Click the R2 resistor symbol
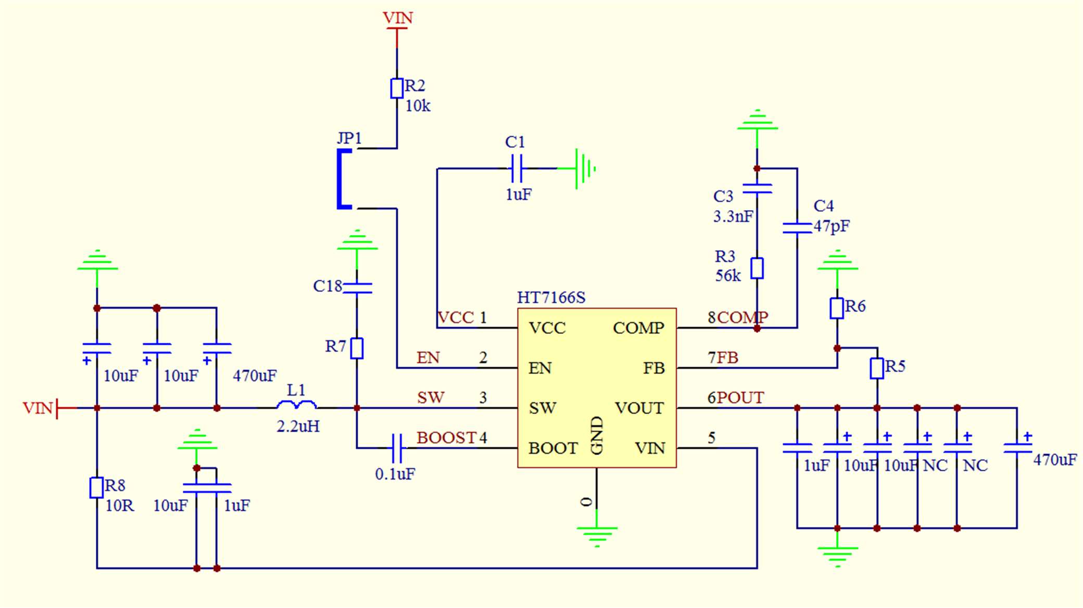coord(397,88)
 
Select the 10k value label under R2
coord(418,106)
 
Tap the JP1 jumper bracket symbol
coord(343,179)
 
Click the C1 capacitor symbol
coord(516,169)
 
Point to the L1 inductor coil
coord(296,405)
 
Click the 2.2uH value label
coord(298,426)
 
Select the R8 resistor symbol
coord(96,488)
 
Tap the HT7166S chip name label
coord(551,297)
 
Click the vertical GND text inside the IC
coord(597,435)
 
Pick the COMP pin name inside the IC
coord(638,328)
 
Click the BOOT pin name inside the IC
coord(552,448)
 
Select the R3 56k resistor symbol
coord(757,268)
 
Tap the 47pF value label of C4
coord(832,226)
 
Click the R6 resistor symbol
coord(837,308)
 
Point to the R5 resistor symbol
coord(877,368)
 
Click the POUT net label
coord(740,398)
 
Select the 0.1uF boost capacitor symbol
coord(397,448)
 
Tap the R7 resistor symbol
coord(357,348)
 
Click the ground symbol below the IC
coord(597,534)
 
